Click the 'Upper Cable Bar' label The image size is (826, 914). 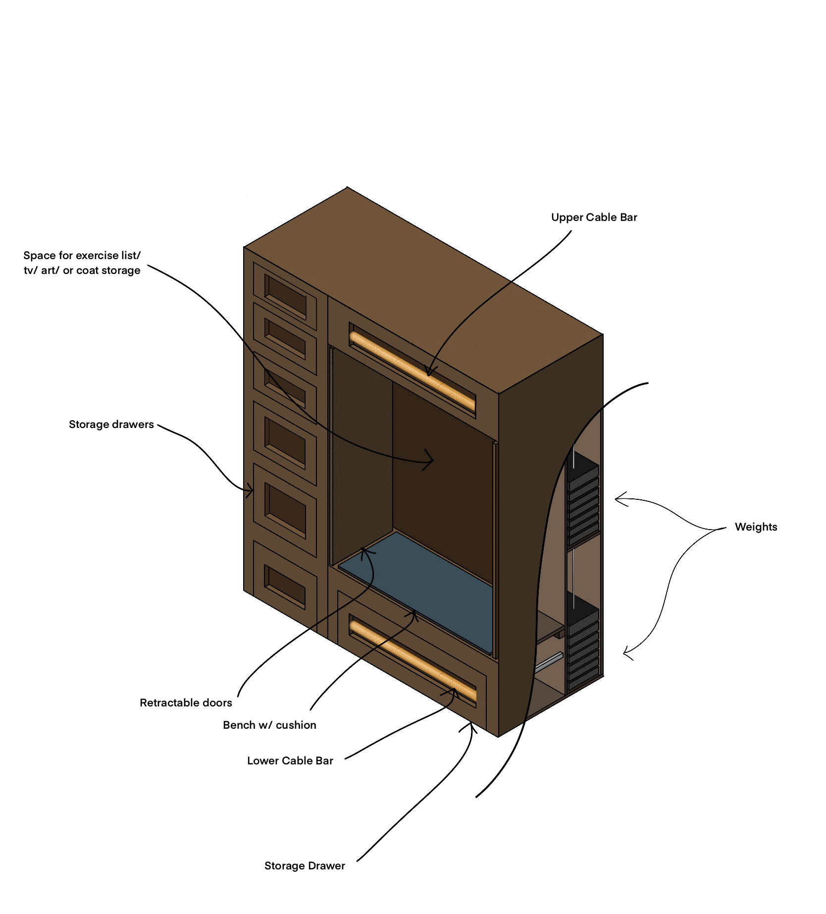pos(594,217)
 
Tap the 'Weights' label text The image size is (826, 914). pos(756,527)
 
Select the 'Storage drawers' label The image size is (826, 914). pos(111,425)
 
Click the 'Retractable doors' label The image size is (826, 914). pos(186,703)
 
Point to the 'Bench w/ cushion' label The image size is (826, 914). pos(269,725)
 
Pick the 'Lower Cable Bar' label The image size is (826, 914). pos(290,761)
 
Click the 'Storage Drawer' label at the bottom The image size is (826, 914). pos(305,866)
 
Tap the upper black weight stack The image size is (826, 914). pos(582,500)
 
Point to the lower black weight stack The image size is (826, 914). pos(582,649)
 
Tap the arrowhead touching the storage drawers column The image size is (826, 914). pos(251,491)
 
